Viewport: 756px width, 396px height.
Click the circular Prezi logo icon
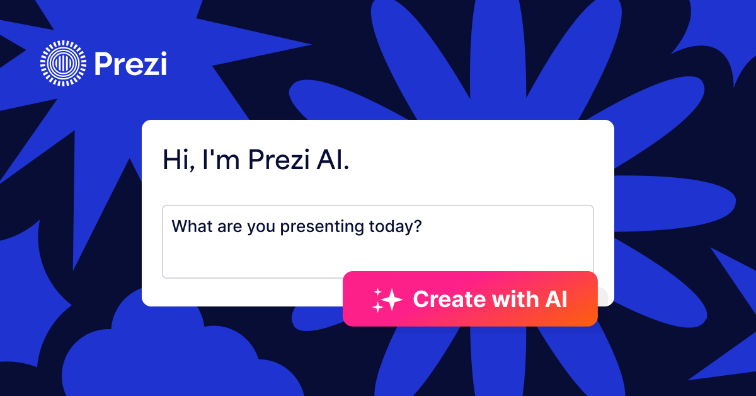(62, 63)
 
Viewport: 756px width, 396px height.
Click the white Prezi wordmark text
(130, 64)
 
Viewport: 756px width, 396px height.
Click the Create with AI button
(470, 299)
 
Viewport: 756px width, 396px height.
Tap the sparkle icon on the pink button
(386, 300)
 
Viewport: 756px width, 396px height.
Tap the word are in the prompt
(229, 226)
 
